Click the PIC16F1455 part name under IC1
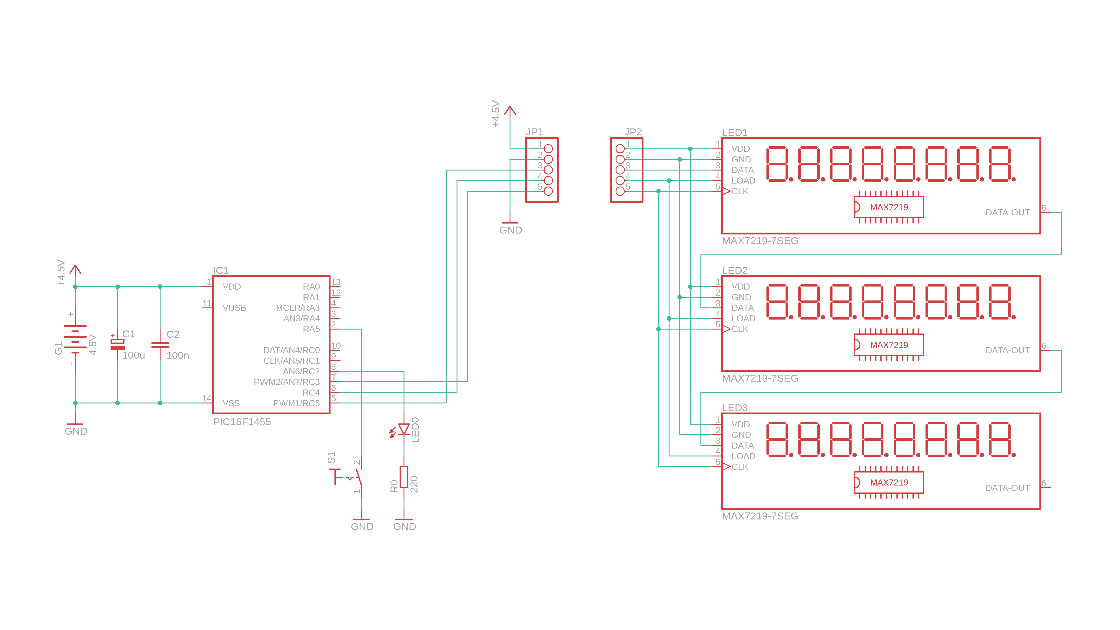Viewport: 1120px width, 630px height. coord(242,422)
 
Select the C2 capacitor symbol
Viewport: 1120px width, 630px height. coord(160,344)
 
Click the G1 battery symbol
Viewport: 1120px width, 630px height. coord(75,339)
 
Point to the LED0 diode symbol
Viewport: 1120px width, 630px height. coord(404,429)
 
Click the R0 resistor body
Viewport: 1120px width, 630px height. coord(404,477)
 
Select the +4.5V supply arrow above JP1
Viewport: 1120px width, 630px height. coord(510,111)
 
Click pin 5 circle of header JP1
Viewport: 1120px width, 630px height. coord(548,191)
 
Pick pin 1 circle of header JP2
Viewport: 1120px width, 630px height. coord(620,149)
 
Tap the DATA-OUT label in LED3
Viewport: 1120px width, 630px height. coord(1007,488)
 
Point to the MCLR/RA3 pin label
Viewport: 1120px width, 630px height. coord(297,308)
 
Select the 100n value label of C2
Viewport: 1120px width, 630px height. coord(178,356)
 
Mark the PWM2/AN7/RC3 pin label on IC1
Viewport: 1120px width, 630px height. coord(287,382)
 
